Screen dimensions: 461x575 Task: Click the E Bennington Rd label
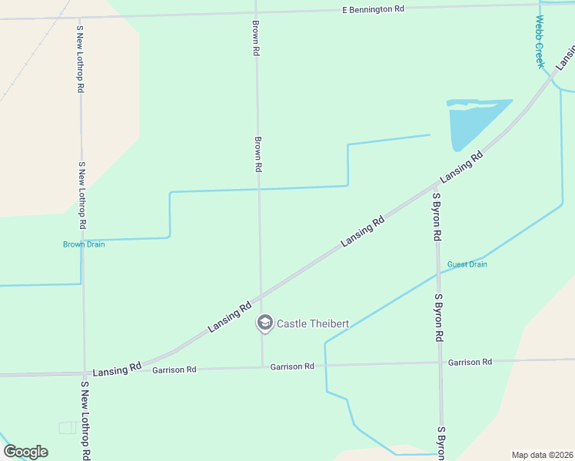(373, 10)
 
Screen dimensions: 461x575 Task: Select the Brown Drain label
(84, 244)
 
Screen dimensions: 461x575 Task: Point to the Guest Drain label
(467, 264)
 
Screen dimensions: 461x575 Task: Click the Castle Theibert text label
(313, 323)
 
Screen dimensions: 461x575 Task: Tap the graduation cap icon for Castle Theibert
(265, 323)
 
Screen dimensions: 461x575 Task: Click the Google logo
(25, 452)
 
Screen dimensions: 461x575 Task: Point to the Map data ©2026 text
(542, 455)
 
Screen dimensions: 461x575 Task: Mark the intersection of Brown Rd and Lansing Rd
(260, 297)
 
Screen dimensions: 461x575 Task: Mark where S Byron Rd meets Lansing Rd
(435, 184)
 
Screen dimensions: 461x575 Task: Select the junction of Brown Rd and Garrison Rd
(262, 366)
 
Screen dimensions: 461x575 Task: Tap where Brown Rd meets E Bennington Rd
(254, 12)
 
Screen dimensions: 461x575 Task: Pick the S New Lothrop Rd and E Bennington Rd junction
(79, 16)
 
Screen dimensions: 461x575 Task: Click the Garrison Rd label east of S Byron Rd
(470, 362)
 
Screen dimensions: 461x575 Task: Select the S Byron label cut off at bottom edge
(441, 443)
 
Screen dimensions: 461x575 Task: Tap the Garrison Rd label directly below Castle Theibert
(292, 366)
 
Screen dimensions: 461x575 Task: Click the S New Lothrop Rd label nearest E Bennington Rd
(80, 58)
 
